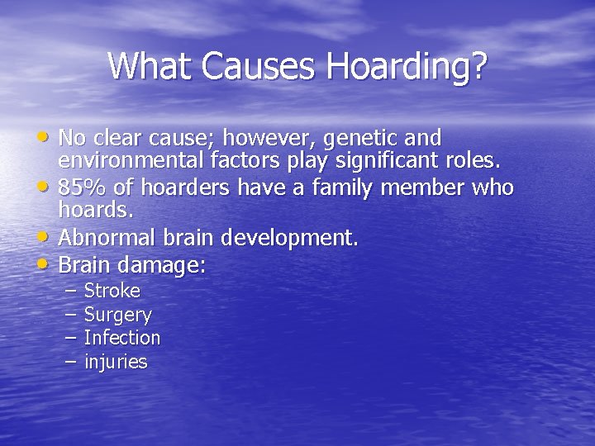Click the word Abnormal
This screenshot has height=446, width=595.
tap(104, 238)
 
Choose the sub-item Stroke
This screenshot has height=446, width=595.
tap(112, 291)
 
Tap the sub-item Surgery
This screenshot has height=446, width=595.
tap(118, 315)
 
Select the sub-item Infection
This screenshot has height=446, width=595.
tap(122, 337)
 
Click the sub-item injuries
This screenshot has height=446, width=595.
tap(116, 362)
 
